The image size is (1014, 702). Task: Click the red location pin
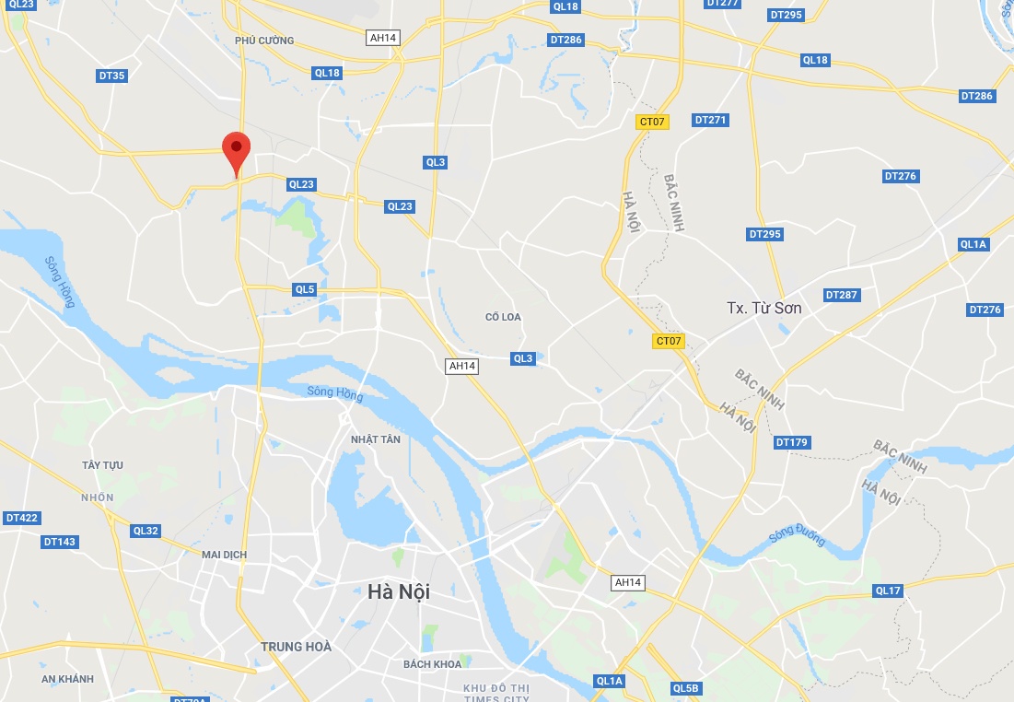(237, 149)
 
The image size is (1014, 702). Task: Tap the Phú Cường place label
(264, 41)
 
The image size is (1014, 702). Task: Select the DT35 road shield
(111, 76)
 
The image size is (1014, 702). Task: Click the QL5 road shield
(305, 289)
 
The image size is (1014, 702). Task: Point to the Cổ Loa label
(503, 317)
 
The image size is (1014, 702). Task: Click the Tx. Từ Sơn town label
(763, 308)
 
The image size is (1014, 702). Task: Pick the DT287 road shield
(841, 295)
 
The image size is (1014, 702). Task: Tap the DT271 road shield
(710, 120)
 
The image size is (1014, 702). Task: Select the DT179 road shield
(791, 442)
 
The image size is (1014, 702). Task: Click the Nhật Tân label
(376, 439)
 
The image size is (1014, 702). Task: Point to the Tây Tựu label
(102, 465)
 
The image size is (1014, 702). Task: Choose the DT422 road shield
(22, 518)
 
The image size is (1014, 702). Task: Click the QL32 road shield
(146, 531)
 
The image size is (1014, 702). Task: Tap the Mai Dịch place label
(224, 555)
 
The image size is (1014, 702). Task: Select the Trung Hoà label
(296, 647)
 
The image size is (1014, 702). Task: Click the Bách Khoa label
(432, 663)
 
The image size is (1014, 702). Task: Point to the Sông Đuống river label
(797, 536)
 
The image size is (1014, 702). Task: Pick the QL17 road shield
(888, 591)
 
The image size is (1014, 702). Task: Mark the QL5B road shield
(686, 688)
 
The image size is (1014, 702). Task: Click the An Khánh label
(68, 679)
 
